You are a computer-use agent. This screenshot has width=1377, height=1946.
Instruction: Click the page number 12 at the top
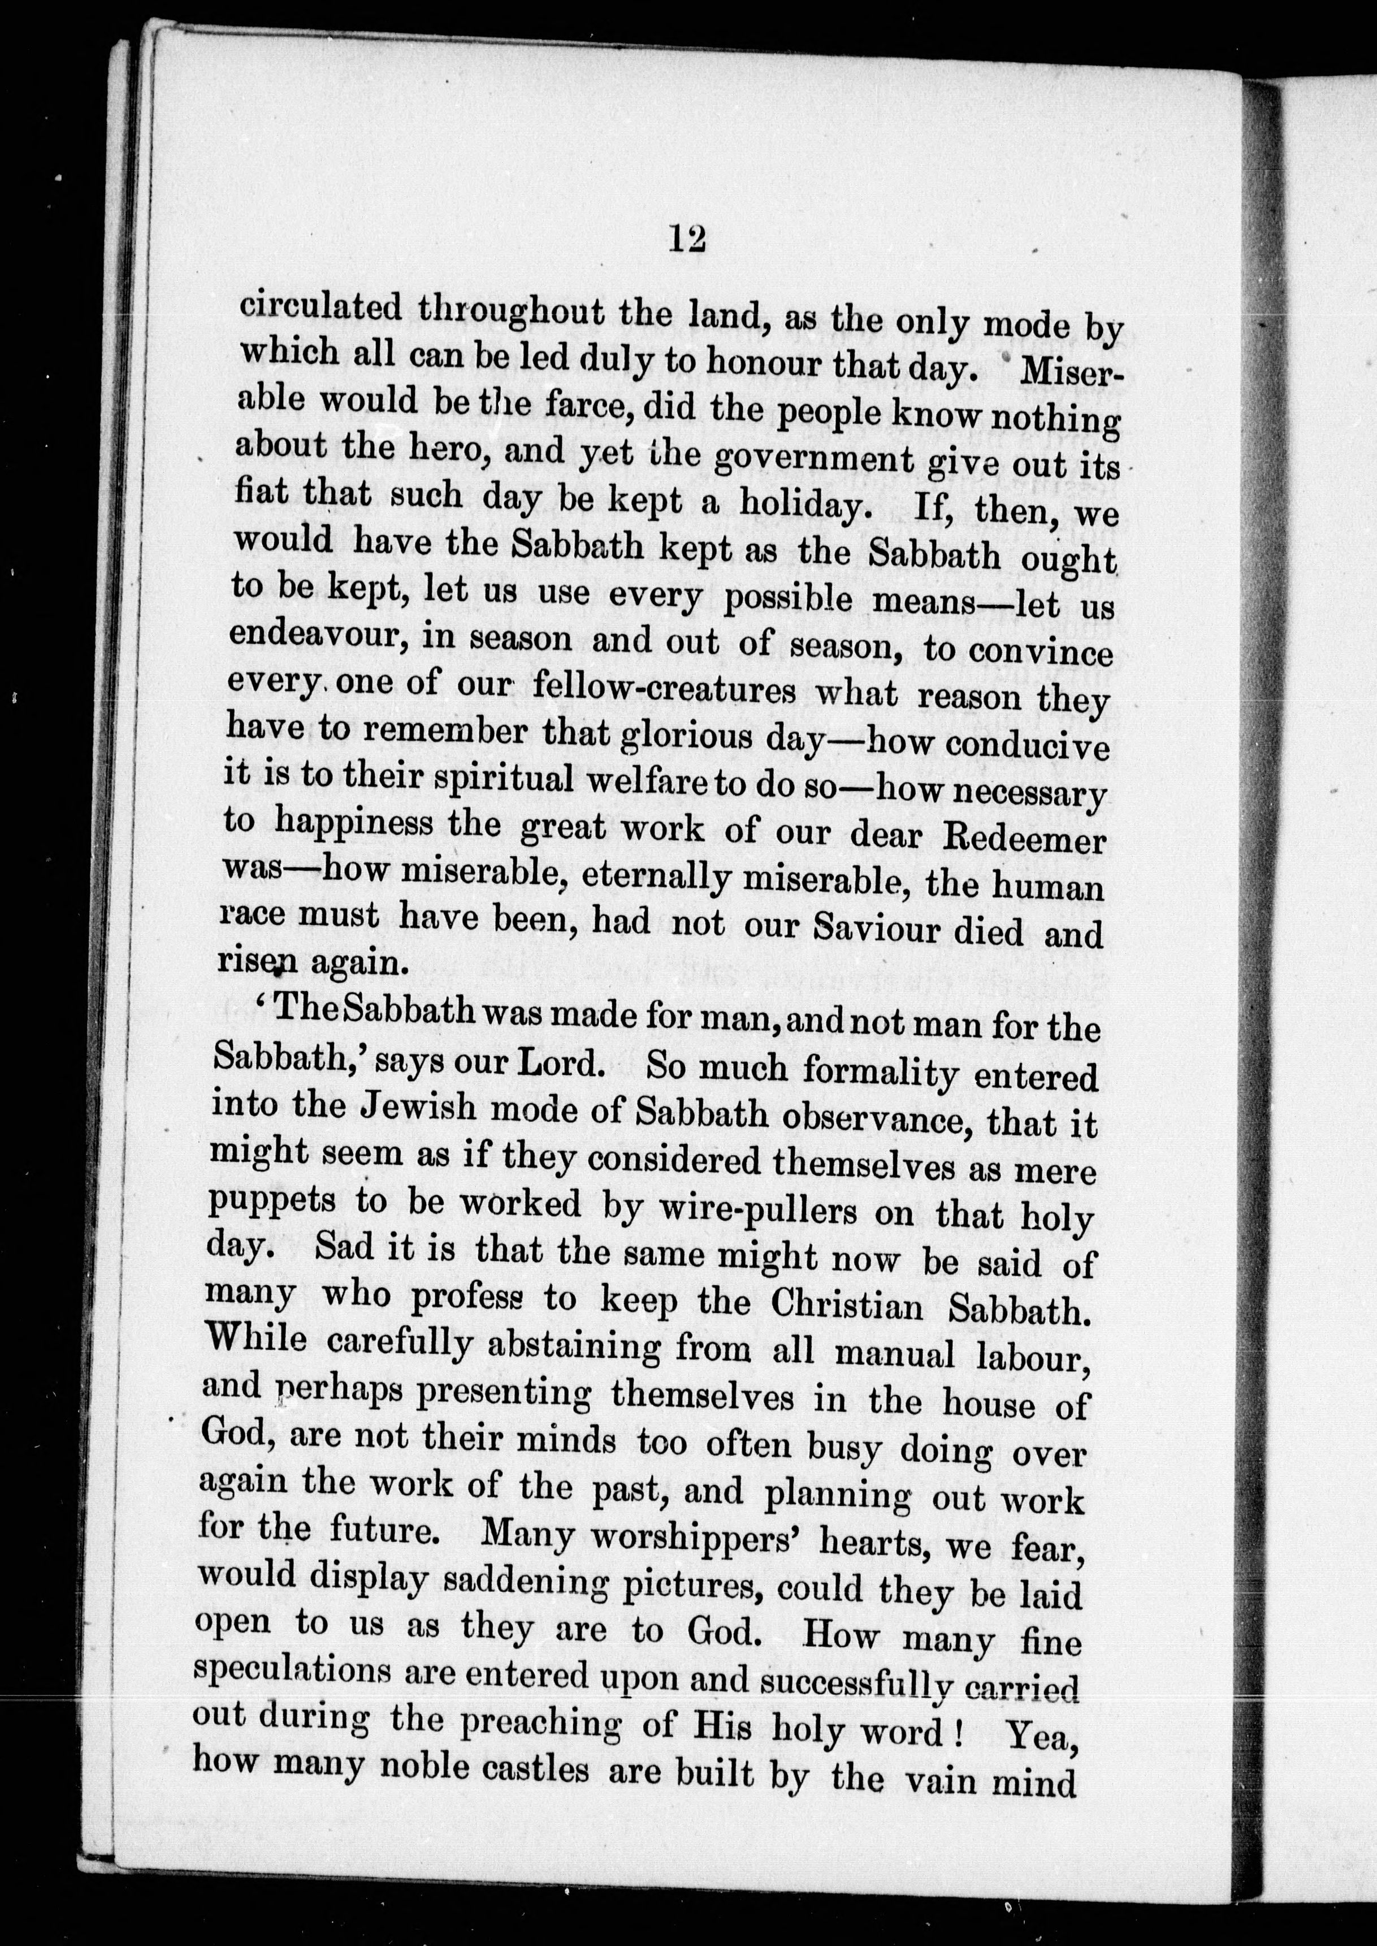pos(687,240)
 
